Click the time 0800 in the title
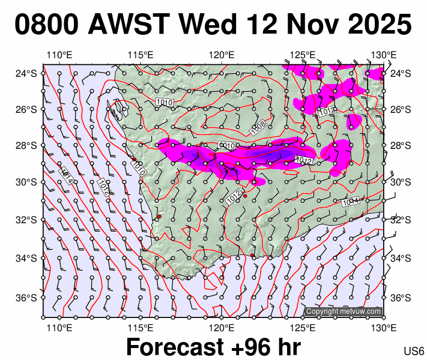[47, 25]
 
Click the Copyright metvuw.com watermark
[343, 311]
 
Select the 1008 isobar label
[258, 127]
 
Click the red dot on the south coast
[252, 256]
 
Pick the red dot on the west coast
[159, 216]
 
